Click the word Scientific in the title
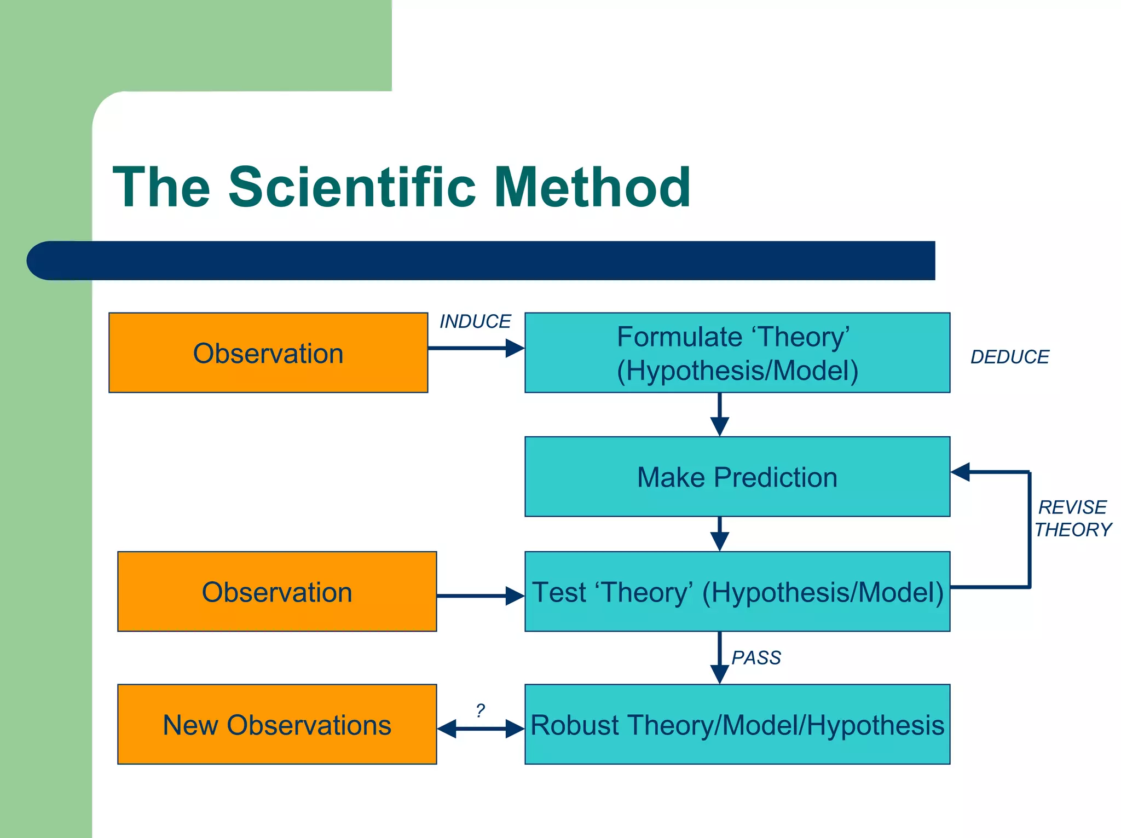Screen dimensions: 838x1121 (x=351, y=188)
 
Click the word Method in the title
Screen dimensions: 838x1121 (x=592, y=188)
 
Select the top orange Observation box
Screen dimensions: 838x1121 (x=268, y=353)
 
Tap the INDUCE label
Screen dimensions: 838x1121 (x=475, y=321)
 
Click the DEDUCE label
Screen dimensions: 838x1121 (x=1009, y=357)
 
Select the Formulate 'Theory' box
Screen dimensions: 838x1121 (x=737, y=353)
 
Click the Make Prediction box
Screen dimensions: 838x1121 (x=737, y=477)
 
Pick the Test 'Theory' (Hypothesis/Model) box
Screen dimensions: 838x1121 (x=737, y=592)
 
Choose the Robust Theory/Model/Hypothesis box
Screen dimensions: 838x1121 (x=737, y=724)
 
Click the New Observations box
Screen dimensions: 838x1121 (x=277, y=724)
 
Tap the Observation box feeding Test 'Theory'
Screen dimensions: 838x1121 (x=277, y=592)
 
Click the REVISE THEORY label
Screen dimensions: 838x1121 (x=1073, y=518)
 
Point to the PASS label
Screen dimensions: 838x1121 (x=756, y=657)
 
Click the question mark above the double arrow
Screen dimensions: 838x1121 (x=480, y=710)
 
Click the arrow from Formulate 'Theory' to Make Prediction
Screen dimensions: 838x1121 (x=719, y=414)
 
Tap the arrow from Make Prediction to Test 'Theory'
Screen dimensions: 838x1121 (x=719, y=534)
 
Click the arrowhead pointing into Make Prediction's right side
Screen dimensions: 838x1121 (x=961, y=472)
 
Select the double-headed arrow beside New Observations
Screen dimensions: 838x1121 (x=481, y=729)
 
